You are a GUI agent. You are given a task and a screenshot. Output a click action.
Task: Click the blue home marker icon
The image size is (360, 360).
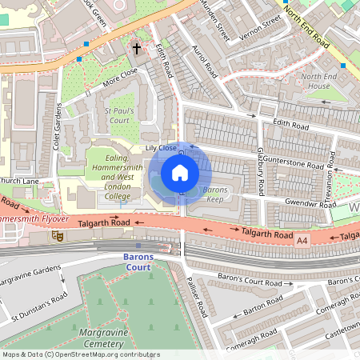click(x=180, y=173)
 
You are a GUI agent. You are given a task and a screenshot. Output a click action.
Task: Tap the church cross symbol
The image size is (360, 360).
click(x=136, y=50)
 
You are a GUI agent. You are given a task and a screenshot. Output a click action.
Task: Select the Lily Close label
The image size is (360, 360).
click(x=160, y=148)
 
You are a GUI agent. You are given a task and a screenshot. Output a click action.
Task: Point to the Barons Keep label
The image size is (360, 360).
click(x=215, y=194)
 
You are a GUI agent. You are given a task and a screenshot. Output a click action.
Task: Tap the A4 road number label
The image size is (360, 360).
click(x=302, y=239)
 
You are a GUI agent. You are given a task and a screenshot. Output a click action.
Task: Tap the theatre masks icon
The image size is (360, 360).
click(x=58, y=235)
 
